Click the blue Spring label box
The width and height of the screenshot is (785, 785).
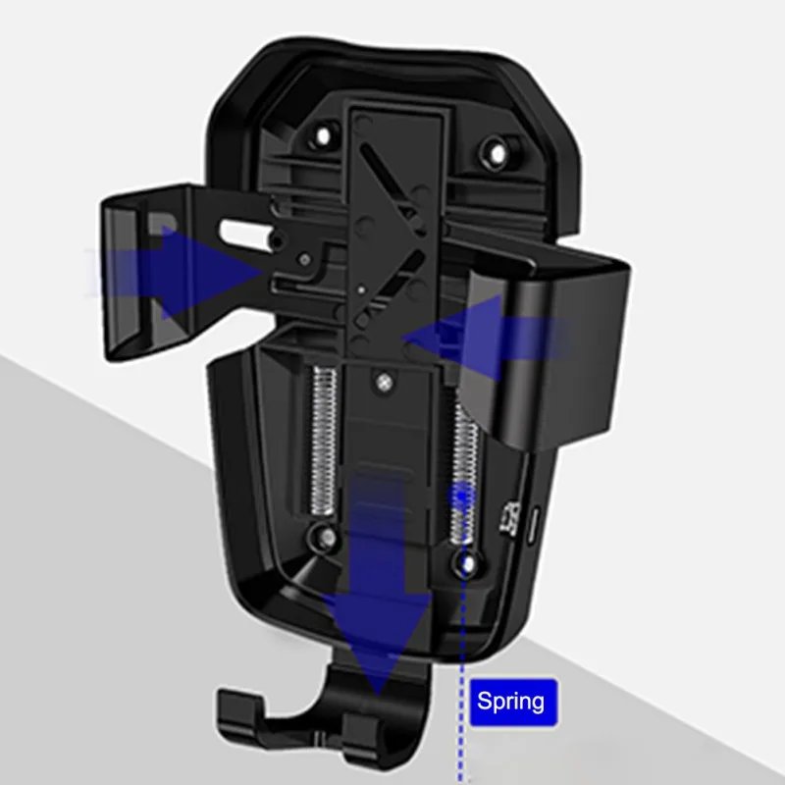[x=513, y=702]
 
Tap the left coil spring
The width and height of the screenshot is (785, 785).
[x=324, y=442]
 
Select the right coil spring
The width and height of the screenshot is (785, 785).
[x=464, y=473]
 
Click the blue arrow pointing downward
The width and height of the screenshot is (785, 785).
[x=378, y=585]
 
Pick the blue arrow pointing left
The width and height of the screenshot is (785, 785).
[x=486, y=339]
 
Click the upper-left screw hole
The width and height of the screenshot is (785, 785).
[x=323, y=135]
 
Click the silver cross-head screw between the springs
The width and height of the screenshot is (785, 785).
[x=384, y=384]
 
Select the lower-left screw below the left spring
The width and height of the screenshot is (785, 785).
[x=327, y=538]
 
